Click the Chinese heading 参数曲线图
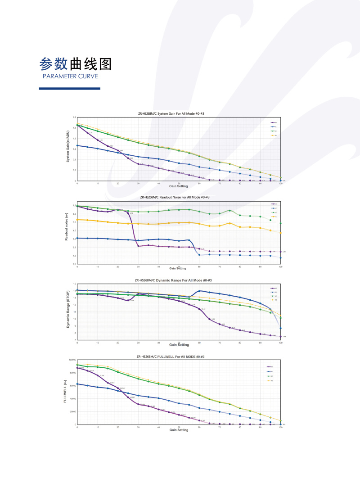[x=76, y=64]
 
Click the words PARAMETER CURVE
[x=70, y=76]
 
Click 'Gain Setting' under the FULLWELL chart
[x=179, y=430]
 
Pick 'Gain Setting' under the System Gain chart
[x=179, y=185]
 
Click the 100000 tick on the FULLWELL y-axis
[x=71, y=360]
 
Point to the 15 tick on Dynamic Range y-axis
[x=74, y=284]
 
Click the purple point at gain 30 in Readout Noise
[x=138, y=246]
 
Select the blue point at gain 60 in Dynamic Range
[x=199, y=291]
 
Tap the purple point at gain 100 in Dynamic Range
[x=281, y=337]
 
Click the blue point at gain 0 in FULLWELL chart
[x=77, y=384]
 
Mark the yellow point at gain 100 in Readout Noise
[x=281, y=233]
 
